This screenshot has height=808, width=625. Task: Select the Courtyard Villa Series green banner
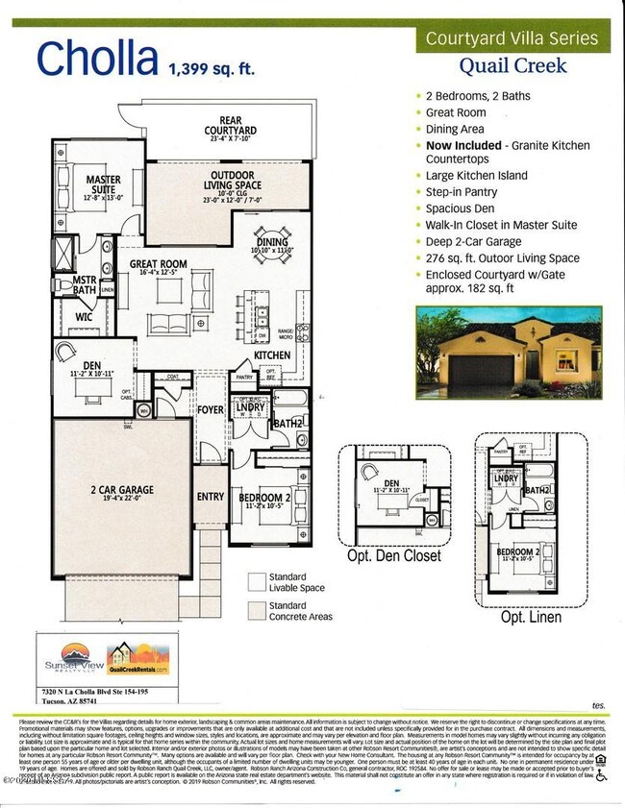pos(511,39)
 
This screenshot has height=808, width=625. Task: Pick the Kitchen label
pos(272,355)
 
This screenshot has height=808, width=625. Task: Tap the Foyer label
pos(211,410)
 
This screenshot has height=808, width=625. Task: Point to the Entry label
pos(211,497)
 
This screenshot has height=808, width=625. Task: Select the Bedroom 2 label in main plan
pos(263,497)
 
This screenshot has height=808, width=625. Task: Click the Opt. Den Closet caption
pos(394,555)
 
